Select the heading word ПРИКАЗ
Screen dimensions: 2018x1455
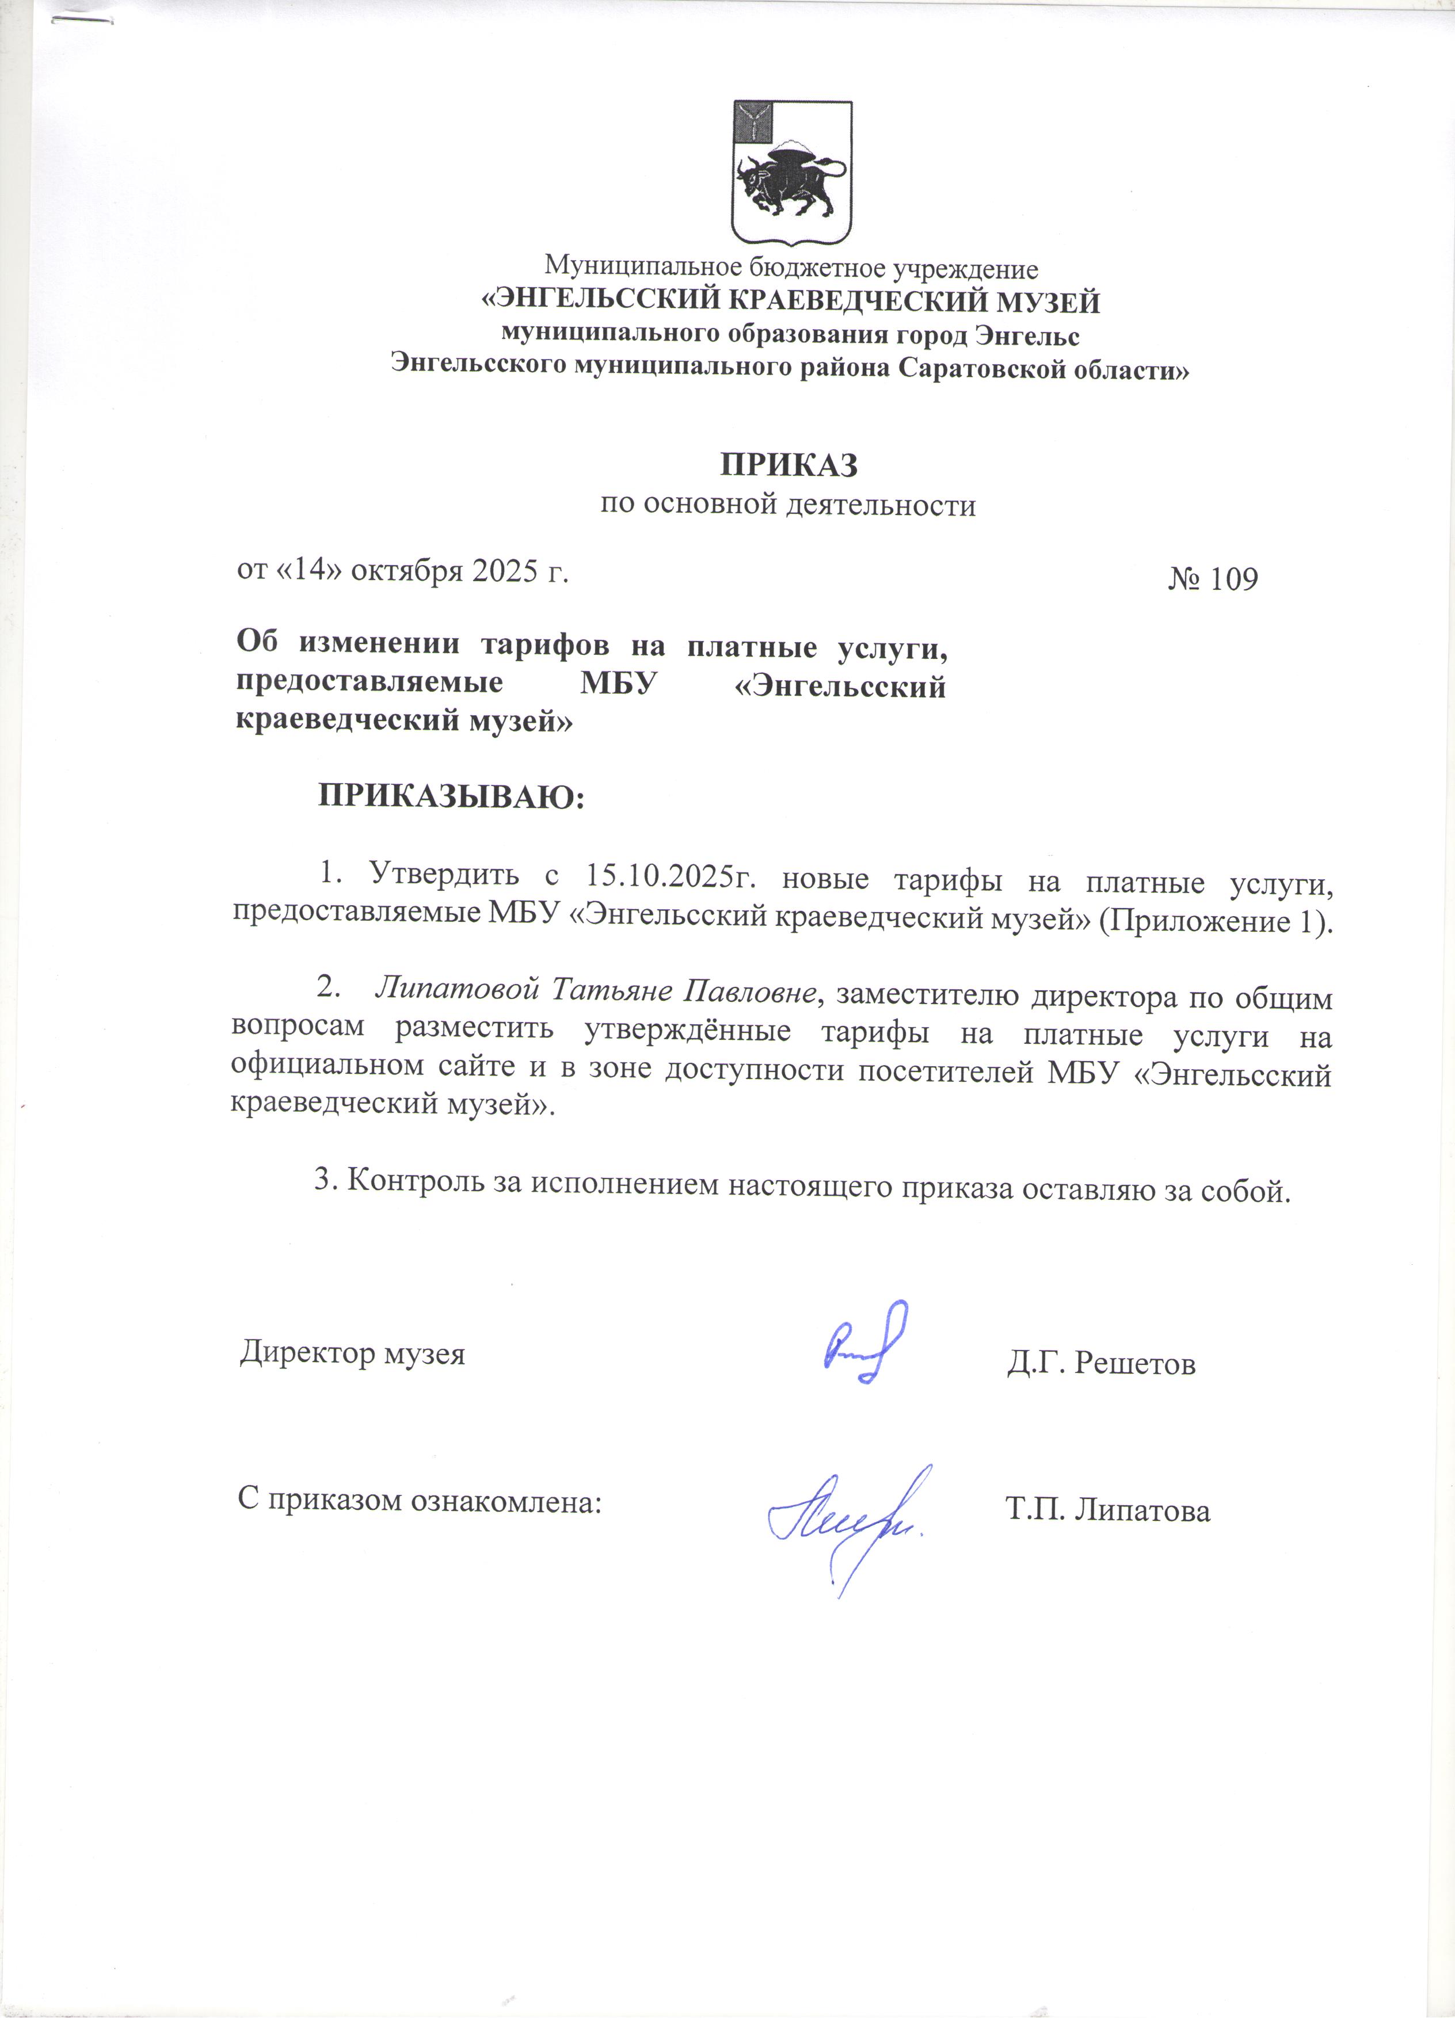(789, 464)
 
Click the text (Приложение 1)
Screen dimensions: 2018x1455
(1216, 920)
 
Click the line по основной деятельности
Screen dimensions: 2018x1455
(787, 505)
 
